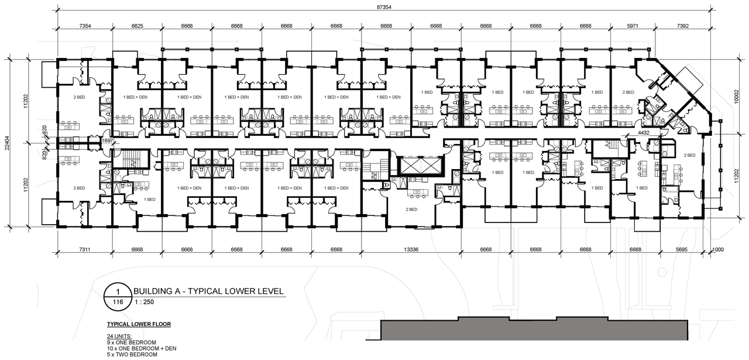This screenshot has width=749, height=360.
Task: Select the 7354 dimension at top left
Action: pyautogui.click(x=85, y=26)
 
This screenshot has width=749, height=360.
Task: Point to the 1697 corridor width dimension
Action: pyautogui.click(x=106, y=140)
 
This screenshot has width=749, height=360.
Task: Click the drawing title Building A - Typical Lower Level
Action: pyautogui.click(x=208, y=291)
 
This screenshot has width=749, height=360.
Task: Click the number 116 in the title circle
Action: pyautogui.click(x=117, y=302)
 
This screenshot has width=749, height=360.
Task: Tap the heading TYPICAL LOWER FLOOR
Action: pyautogui.click(x=139, y=324)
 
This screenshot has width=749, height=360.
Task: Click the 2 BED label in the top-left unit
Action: pyautogui.click(x=80, y=97)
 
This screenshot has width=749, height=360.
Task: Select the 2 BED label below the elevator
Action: pyautogui.click(x=411, y=209)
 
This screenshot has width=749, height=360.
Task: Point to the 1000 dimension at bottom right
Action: pyautogui.click(x=719, y=249)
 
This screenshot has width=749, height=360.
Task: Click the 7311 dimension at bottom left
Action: pyautogui.click(x=85, y=249)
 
